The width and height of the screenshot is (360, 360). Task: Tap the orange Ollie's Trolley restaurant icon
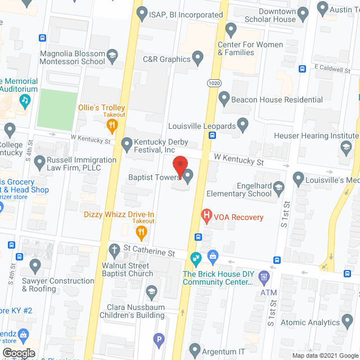(x=112, y=125)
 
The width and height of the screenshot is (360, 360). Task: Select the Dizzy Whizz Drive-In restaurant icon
(x=143, y=232)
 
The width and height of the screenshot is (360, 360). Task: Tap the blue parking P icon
(x=159, y=339)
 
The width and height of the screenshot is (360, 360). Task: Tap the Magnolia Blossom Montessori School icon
(x=113, y=55)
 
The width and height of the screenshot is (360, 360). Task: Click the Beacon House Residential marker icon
(x=224, y=100)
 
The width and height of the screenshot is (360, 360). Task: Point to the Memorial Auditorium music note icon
(x=25, y=101)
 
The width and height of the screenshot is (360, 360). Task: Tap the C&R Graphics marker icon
(x=197, y=57)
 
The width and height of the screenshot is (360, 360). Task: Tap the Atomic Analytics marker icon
(x=348, y=322)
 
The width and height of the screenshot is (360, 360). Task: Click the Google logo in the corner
(x=19, y=353)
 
